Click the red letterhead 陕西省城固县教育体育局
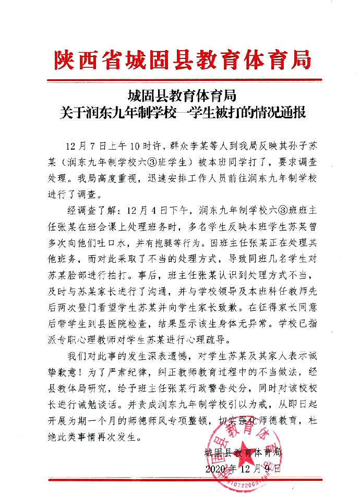[x=182, y=60]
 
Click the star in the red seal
[x=244, y=449]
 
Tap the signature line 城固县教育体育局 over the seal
[x=243, y=452]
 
